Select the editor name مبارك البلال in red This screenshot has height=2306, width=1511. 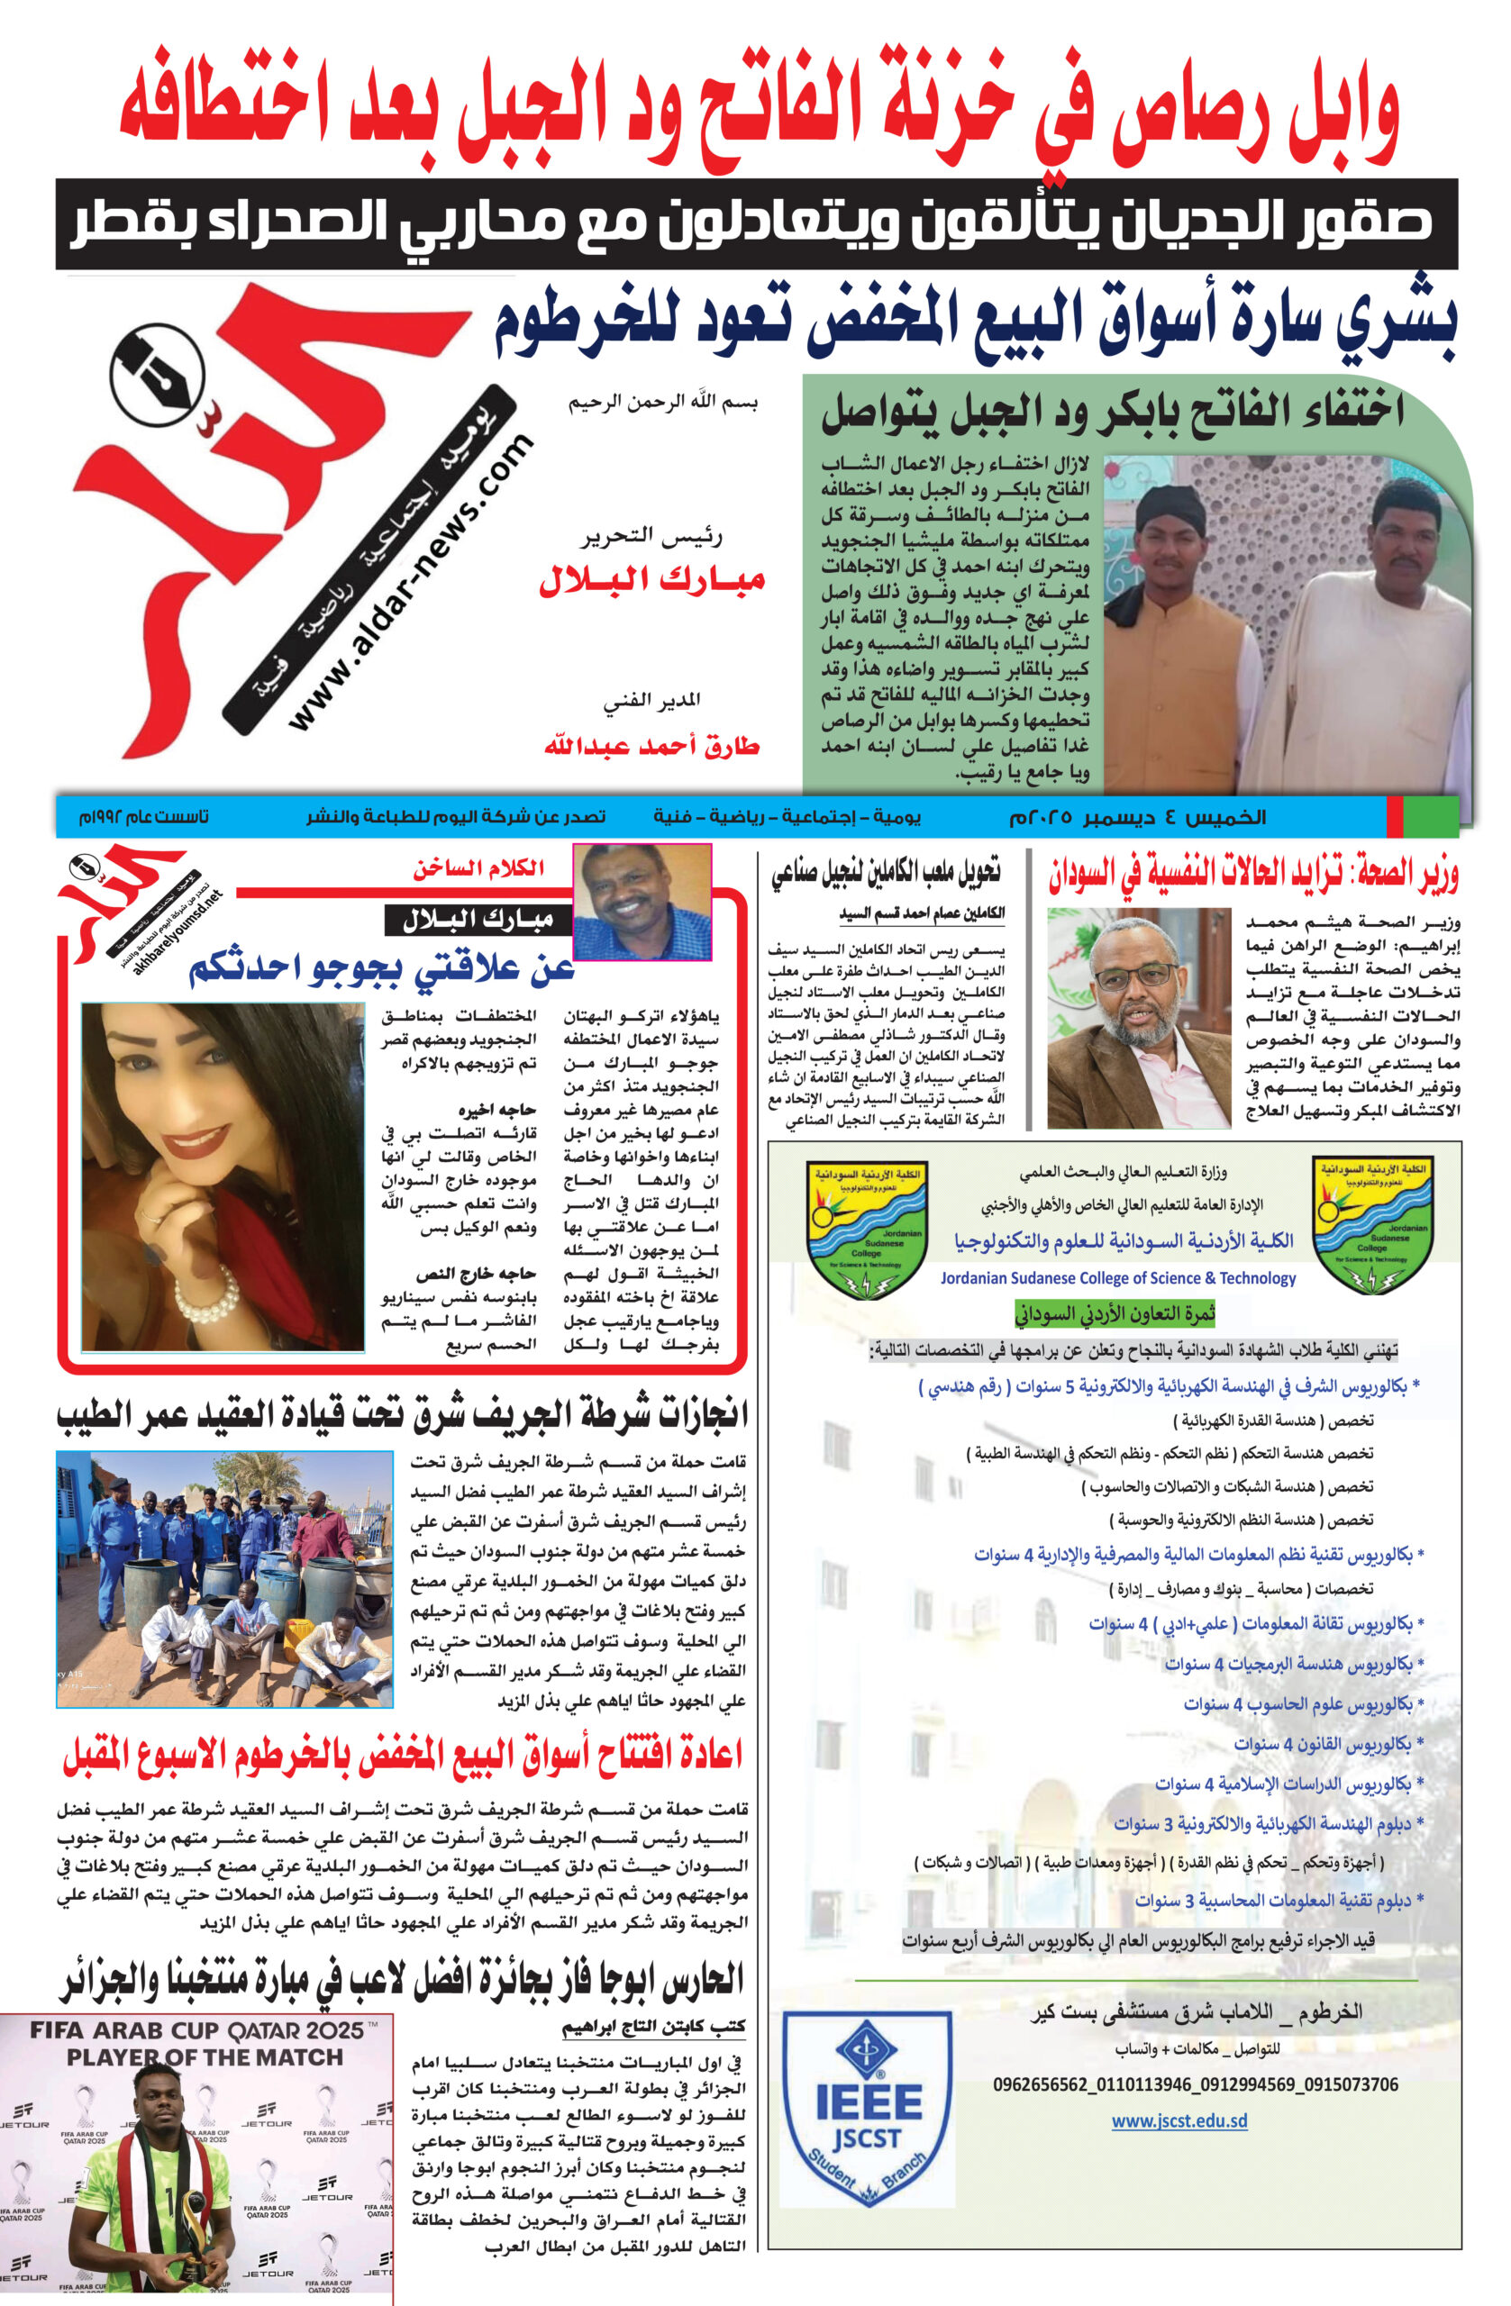coord(652,580)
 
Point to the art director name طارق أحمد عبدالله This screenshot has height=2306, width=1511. coord(651,746)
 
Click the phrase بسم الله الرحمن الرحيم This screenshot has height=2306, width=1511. coord(663,402)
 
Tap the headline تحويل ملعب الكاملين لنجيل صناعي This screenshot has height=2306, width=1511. coord(886,873)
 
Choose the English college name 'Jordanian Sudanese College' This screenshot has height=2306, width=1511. coord(1117,1278)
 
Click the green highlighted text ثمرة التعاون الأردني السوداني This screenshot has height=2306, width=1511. coord(1115,1314)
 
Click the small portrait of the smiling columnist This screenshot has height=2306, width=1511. coord(642,901)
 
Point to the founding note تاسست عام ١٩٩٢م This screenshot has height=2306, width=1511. coord(143,817)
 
